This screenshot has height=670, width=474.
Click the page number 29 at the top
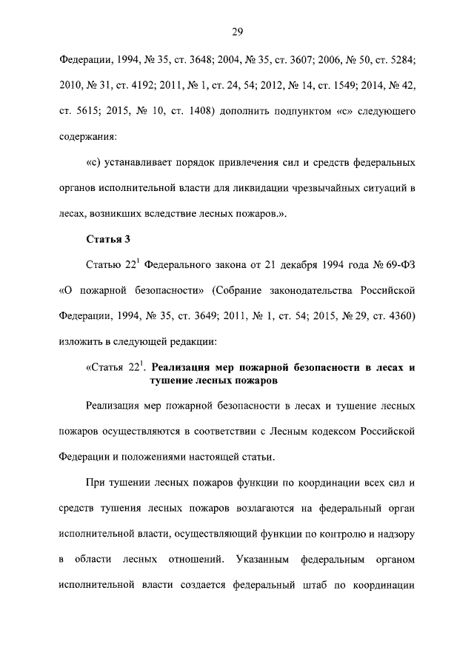tap(237, 31)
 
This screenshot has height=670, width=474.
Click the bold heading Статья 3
tap(108, 240)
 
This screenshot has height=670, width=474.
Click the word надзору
tap(395, 533)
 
